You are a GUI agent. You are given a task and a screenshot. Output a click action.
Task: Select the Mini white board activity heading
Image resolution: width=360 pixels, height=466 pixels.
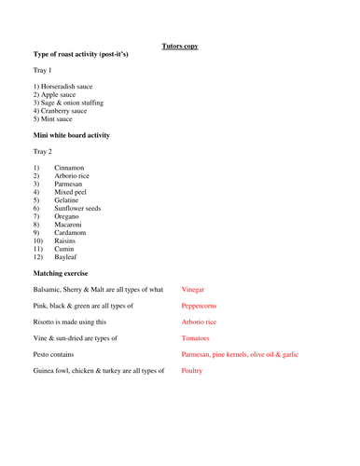click(x=71, y=136)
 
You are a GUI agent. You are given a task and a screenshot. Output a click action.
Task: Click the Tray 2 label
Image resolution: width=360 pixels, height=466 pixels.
click(x=44, y=152)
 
